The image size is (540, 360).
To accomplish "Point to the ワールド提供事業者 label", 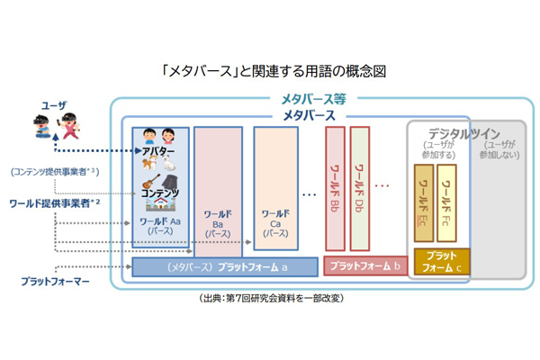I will pos(56,203).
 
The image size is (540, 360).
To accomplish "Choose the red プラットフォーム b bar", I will pos(364,266).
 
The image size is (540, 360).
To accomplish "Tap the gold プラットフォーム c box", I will pos(442,262).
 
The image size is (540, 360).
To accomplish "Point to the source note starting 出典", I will pos(270,298).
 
